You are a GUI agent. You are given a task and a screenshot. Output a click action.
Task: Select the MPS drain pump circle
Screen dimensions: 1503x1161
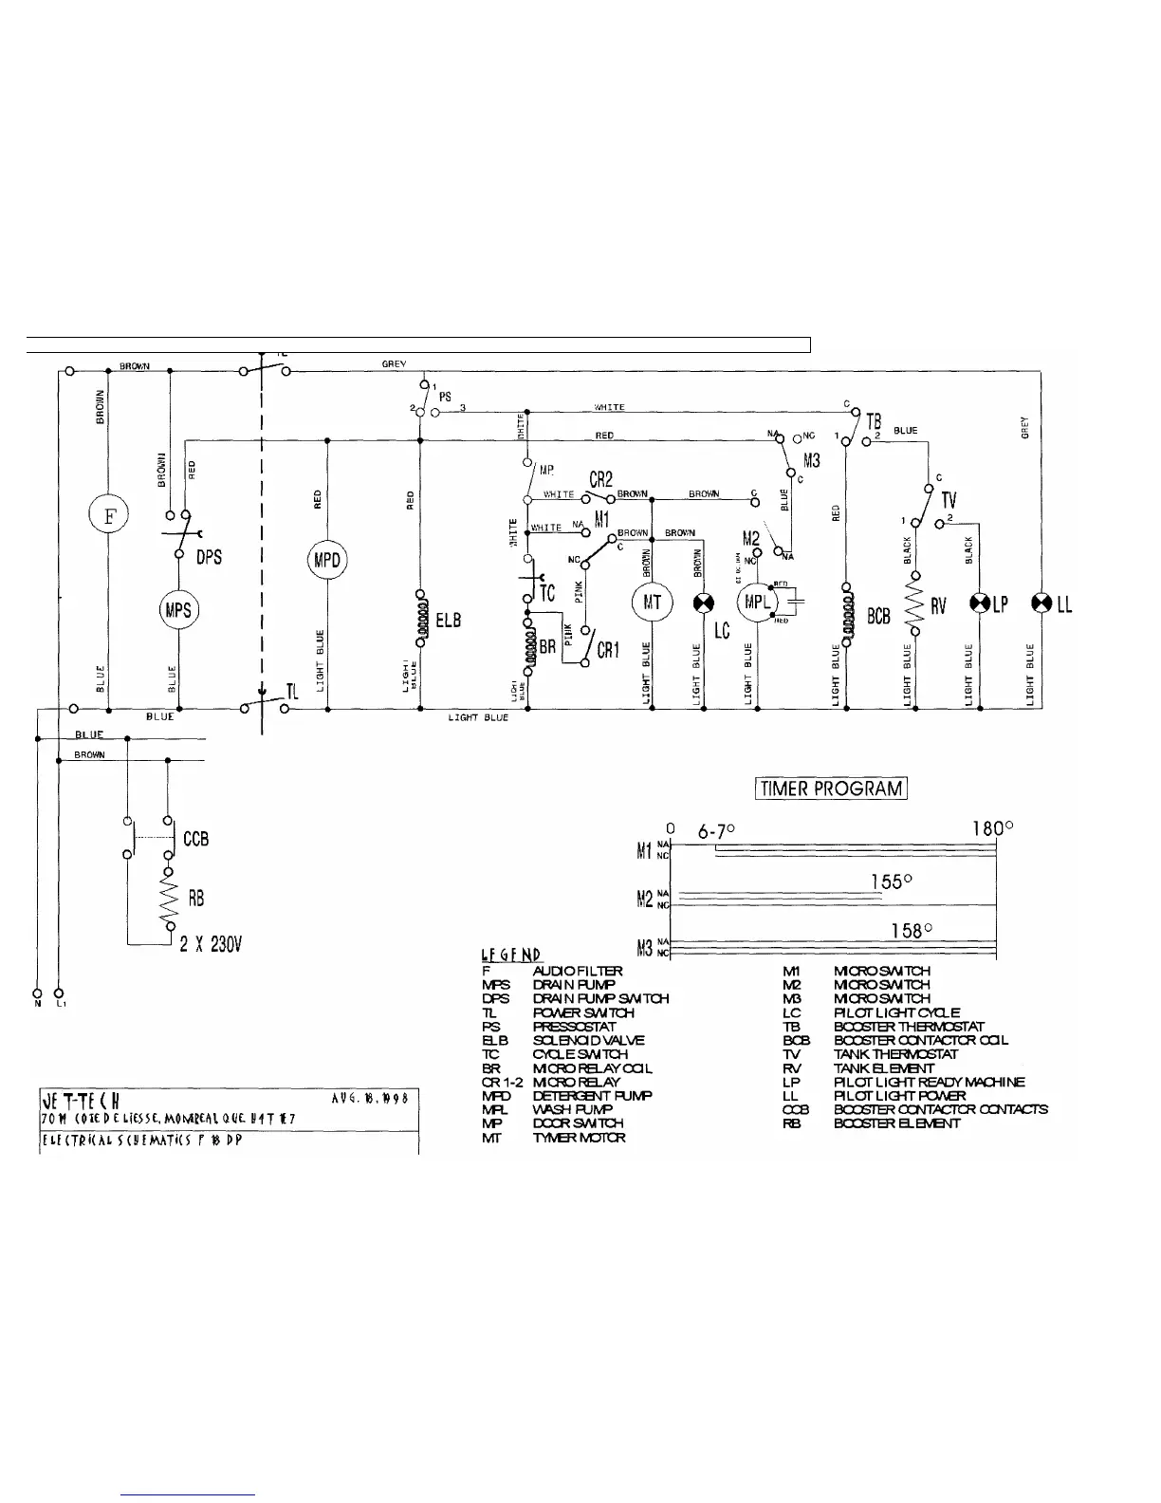(x=177, y=609)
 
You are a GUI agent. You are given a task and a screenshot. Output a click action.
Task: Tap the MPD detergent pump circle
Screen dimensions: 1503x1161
(x=327, y=560)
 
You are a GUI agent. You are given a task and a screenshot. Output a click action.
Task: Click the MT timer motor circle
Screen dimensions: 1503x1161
(x=652, y=603)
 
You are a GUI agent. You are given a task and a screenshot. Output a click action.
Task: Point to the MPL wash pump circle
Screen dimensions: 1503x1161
(x=757, y=603)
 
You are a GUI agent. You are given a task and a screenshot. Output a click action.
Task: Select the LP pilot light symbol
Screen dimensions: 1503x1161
(x=980, y=603)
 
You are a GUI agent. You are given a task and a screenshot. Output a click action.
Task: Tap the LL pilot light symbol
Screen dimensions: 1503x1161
(x=1041, y=603)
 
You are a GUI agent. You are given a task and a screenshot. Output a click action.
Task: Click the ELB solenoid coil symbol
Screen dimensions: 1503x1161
(x=420, y=617)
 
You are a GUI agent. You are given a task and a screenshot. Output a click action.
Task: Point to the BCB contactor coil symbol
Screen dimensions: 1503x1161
(x=846, y=615)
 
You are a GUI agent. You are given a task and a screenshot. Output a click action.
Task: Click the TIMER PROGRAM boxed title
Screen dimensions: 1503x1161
(x=831, y=789)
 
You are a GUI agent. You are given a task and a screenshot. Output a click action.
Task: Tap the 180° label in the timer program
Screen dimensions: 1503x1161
(x=993, y=828)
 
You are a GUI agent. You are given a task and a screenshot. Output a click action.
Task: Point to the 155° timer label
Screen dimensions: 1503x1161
(x=892, y=881)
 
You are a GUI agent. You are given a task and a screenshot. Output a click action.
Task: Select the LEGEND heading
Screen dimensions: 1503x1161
(x=510, y=955)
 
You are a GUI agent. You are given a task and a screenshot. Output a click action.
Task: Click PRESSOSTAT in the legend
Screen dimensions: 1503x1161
(x=575, y=1027)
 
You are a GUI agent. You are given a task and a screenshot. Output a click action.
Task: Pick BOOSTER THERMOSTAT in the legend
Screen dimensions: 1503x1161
(x=909, y=1027)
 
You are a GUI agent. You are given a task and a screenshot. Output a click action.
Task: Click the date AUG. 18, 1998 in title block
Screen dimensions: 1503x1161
(x=371, y=1098)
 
